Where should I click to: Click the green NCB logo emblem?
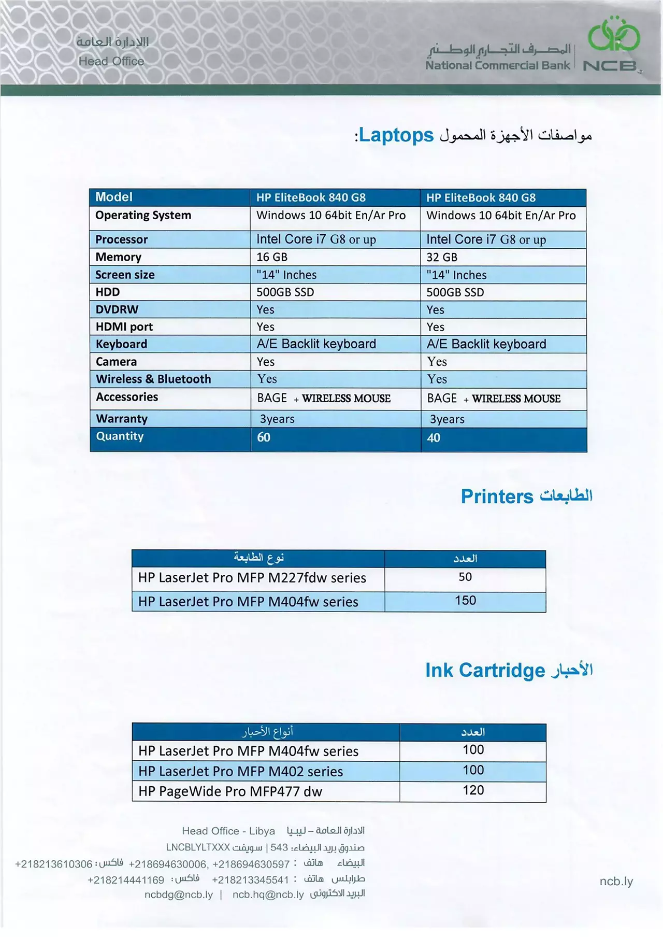(614, 35)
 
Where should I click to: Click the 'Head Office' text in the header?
(111, 61)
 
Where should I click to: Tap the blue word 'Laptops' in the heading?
(396, 135)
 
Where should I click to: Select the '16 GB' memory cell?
(272, 257)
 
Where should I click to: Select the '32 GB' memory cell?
(442, 257)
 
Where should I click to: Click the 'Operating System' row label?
(143, 215)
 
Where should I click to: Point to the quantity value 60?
(264, 437)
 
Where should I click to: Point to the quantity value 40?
(434, 438)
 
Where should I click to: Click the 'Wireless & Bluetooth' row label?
(153, 379)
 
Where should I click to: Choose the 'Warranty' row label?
(122, 419)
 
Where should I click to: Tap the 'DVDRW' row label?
(117, 310)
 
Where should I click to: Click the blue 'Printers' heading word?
(497, 496)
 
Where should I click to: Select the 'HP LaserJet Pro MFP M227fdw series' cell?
(252, 578)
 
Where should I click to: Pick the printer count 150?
(465, 601)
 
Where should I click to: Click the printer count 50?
(465, 577)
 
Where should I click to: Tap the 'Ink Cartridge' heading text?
(485, 671)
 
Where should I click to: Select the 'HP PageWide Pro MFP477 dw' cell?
(230, 792)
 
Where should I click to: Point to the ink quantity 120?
(473, 790)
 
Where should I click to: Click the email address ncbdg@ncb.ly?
(179, 895)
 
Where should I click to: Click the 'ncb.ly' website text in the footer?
(616, 882)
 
